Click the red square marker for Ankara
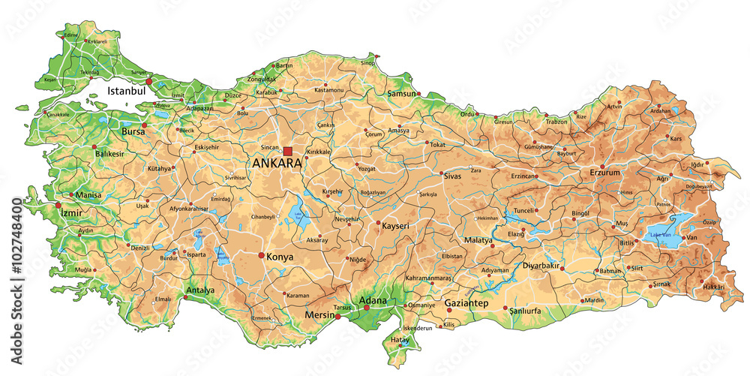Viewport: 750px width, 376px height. coord(288,152)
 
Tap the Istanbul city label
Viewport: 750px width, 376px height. coord(125,90)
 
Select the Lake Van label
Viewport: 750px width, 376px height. coord(661,235)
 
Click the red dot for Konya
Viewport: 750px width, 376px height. coord(262,256)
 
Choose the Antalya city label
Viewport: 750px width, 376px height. coord(200,290)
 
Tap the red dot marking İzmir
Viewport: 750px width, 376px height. coord(58,204)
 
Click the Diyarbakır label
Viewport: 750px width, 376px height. coord(541,266)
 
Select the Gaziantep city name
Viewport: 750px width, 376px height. coord(466,303)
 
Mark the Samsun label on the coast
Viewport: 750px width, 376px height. coord(401,94)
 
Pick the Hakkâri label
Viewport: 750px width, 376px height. coord(713,287)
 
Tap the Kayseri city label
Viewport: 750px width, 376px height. coord(395,225)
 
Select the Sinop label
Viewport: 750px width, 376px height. coord(367,63)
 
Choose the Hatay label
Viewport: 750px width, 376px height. coord(400,339)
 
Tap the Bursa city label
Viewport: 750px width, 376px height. coord(133,131)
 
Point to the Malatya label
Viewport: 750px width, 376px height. coord(478,240)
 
